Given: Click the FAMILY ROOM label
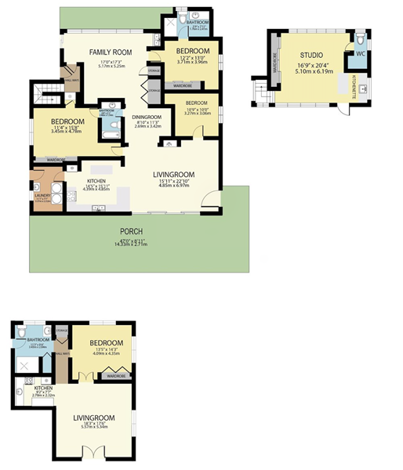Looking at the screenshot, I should click(x=109, y=52).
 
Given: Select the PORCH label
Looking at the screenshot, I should click(x=130, y=232).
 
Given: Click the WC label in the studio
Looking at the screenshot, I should click(x=361, y=54).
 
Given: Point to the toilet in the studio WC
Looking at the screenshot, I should click(x=360, y=39).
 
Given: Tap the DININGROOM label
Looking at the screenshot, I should click(x=147, y=117).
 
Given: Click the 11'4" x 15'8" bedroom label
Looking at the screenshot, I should click(x=68, y=121).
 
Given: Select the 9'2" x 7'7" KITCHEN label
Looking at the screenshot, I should click(x=43, y=389).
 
